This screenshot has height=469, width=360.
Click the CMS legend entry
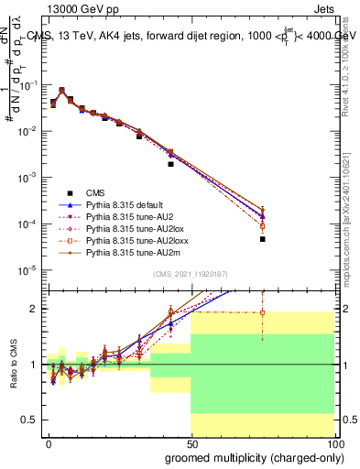95,192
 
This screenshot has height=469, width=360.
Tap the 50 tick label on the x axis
191,442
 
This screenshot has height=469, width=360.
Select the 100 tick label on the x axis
333,442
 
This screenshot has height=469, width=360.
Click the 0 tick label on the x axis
49,442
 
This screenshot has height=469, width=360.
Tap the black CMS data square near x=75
262,239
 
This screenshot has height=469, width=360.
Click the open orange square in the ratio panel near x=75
262,312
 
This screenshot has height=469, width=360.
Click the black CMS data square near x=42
170,164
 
